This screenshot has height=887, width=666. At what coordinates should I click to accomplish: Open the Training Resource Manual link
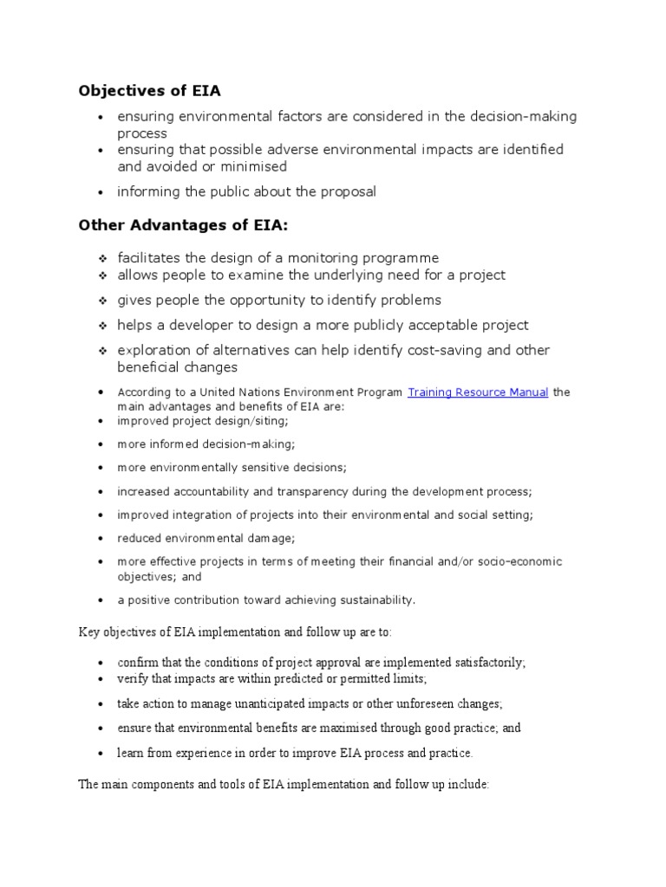478,392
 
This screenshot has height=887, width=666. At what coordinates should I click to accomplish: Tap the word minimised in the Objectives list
252,166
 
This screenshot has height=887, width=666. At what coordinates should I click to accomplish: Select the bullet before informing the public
101,192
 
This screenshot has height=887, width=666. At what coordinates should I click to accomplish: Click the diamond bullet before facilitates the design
101,259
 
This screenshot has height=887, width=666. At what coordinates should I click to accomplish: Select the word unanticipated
262,703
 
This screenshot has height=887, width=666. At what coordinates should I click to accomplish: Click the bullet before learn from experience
101,754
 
